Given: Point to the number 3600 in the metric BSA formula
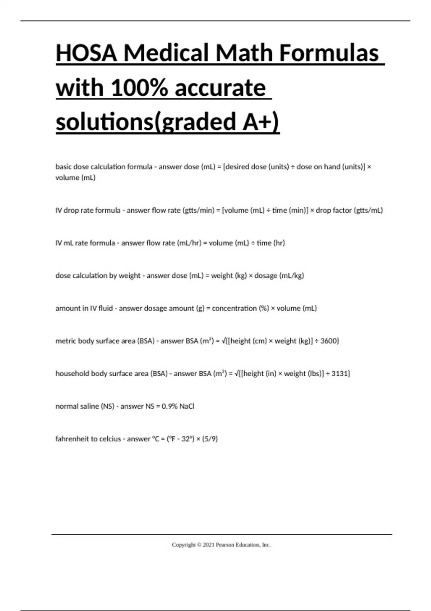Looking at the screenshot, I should click(x=329, y=341).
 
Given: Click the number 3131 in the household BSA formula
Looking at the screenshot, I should click(x=340, y=373).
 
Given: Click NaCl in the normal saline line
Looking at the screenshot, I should click(x=187, y=406).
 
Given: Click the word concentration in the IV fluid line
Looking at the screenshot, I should click(x=234, y=308).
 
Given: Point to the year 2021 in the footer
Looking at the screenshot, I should click(x=208, y=545).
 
